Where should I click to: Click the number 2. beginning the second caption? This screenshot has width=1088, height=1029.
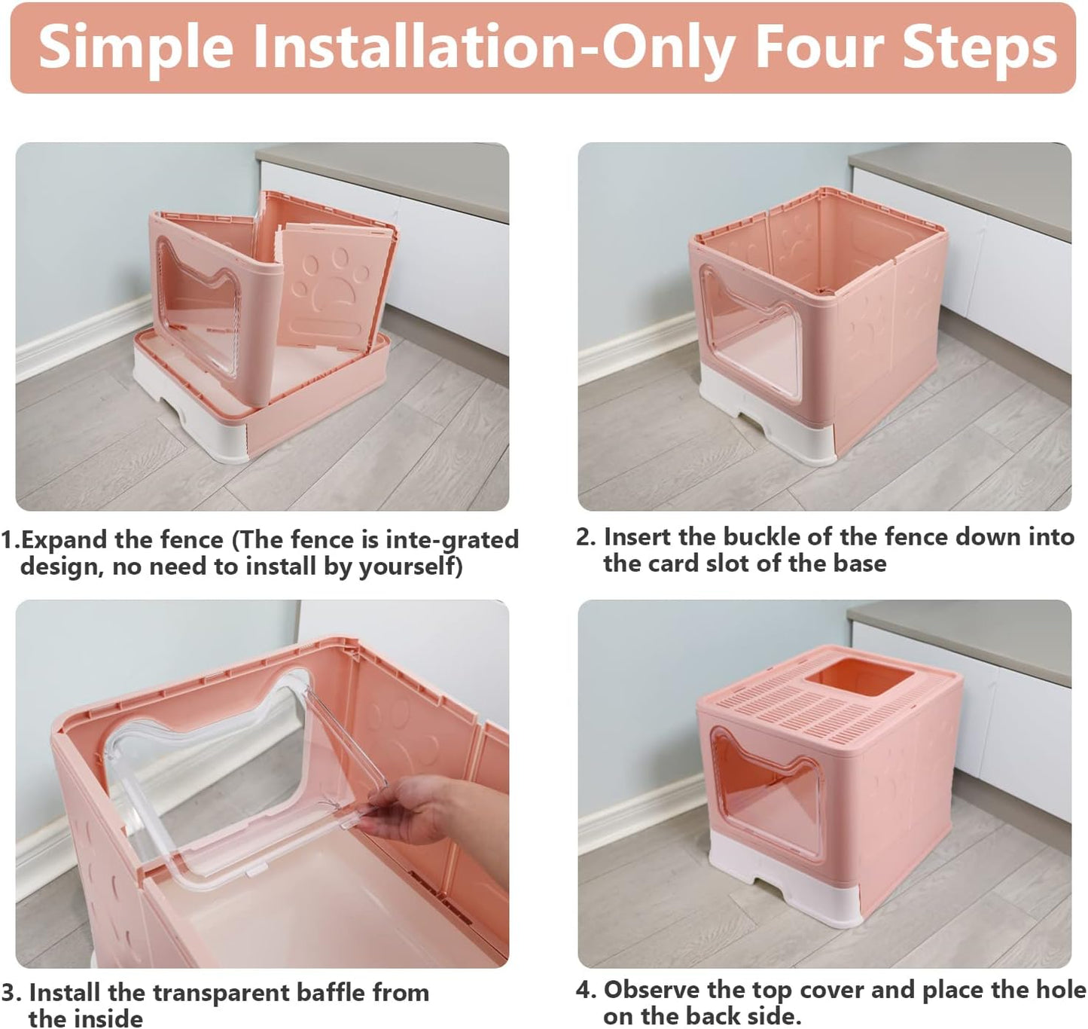point(586,537)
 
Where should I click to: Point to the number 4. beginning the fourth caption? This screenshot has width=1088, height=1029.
point(586,990)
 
